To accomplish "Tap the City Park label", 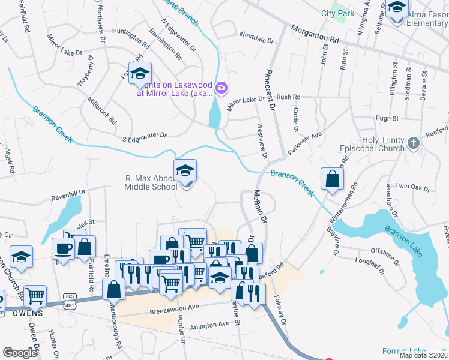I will [337, 13].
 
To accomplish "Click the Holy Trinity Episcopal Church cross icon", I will [413, 143].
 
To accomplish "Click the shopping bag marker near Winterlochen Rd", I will [332, 179].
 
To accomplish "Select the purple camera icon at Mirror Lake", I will [221, 89].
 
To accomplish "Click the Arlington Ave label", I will [209, 325].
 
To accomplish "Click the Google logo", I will [20, 353].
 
